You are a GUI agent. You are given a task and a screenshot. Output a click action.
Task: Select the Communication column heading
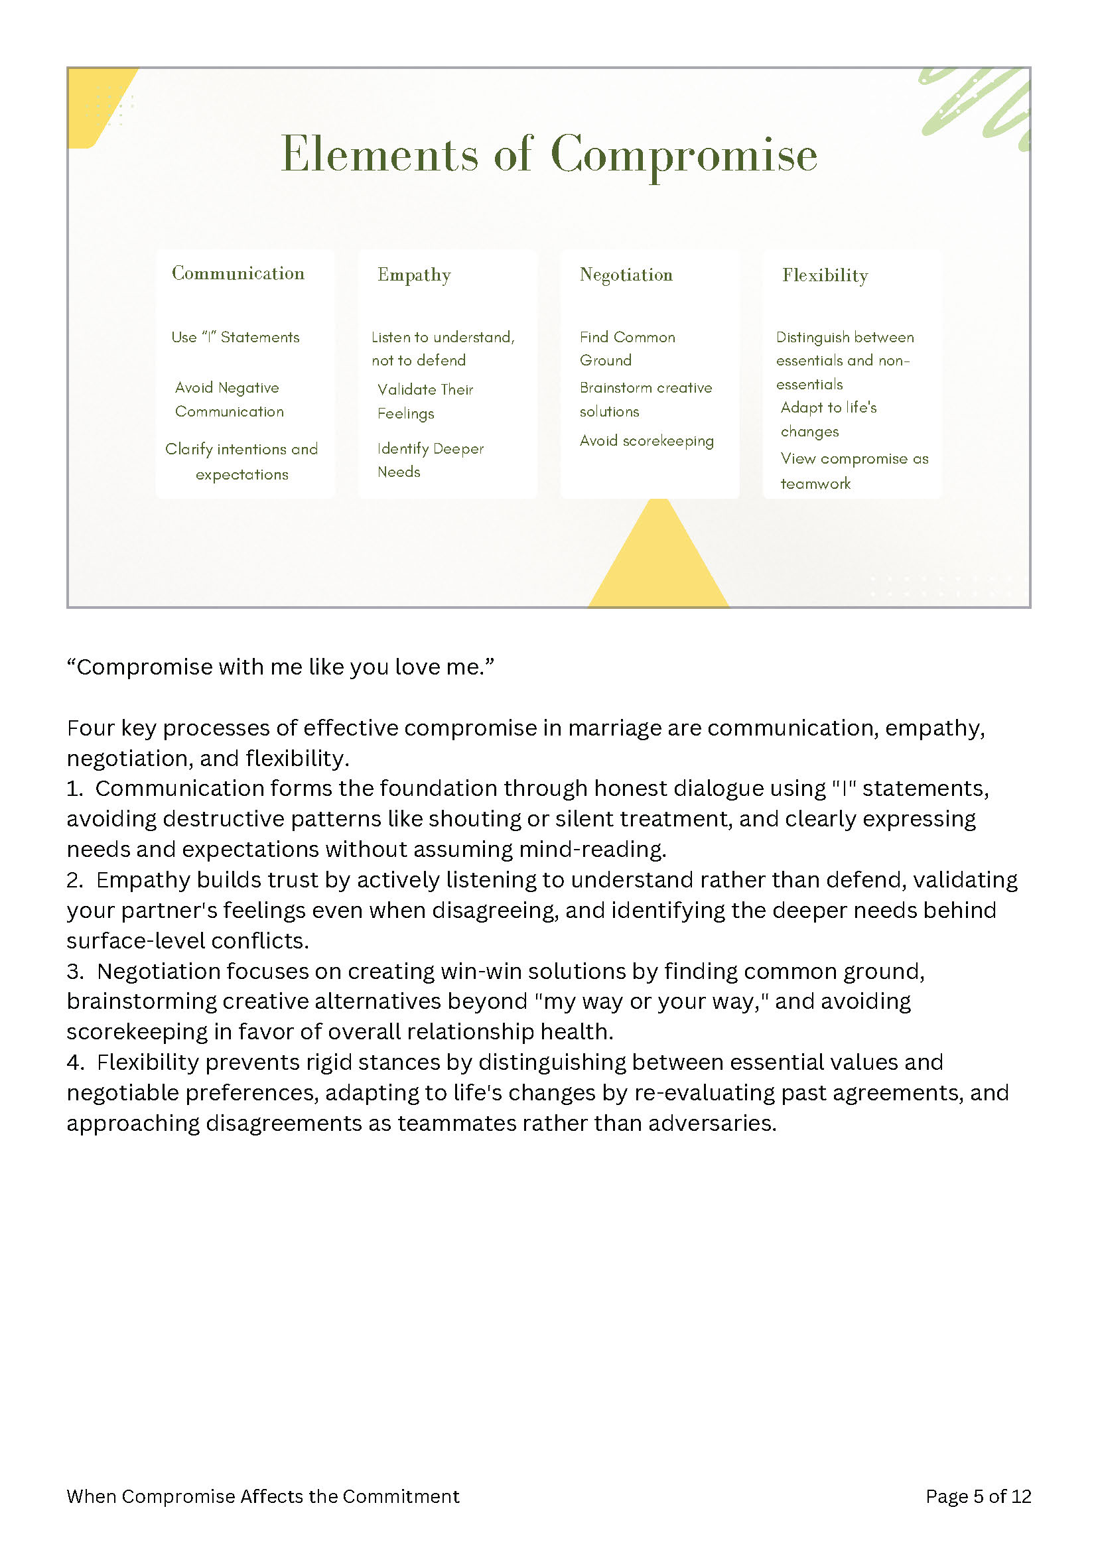click(238, 273)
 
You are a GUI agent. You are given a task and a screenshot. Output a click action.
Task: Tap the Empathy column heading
click(414, 275)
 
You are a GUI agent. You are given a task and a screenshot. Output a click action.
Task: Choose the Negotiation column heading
click(626, 275)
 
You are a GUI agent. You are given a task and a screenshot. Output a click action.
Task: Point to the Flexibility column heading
click(825, 275)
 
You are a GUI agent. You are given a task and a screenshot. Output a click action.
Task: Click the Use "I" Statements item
click(236, 338)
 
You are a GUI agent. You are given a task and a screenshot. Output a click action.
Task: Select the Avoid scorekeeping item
click(646, 440)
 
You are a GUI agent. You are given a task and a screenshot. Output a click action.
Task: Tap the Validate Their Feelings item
click(425, 401)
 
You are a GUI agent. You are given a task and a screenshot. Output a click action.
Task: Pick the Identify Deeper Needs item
click(430, 460)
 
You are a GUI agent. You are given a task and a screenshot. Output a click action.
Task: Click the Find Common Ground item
click(627, 349)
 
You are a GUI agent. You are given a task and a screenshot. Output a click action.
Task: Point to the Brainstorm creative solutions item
click(645, 399)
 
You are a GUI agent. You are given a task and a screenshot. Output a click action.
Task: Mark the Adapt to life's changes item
click(827, 419)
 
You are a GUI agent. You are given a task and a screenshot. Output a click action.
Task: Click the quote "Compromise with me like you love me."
click(281, 667)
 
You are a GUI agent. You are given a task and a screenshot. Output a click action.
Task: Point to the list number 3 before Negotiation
click(74, 972)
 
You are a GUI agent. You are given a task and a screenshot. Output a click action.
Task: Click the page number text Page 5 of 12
click(978, 1496)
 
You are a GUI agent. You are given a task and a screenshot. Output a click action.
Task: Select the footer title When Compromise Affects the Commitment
click(263, 1496)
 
